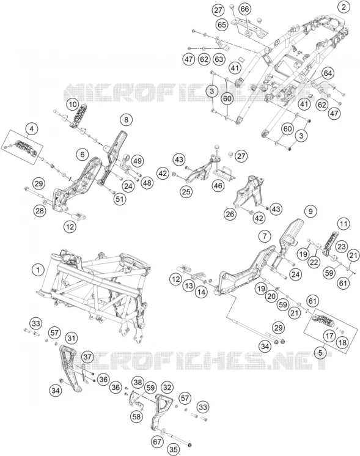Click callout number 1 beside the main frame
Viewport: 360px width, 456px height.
point(38,270)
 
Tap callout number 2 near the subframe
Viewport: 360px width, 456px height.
point(344,7)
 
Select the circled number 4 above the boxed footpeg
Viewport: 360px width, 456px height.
point(32,129)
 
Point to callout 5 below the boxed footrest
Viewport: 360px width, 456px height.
point(320,353)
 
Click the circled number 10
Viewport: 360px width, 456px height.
point(72,105)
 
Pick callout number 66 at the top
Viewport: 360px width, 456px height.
point(245,9)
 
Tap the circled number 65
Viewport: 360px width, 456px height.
point(222,24)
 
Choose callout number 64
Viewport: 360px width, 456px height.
point(328,73)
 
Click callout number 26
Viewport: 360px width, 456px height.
point(230,215)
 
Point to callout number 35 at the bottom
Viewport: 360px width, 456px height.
point(174,449)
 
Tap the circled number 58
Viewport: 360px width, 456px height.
point(136,417)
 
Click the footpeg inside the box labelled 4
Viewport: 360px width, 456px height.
point(26,147)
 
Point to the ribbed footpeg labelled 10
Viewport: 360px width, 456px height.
point(78,115)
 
